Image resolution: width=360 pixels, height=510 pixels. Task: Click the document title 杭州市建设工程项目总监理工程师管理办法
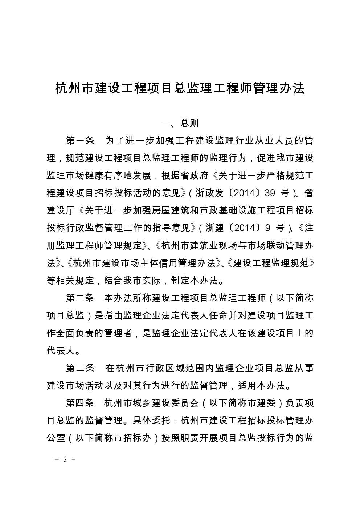(x=180, y=88)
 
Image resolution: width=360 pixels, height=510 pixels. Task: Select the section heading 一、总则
(x=180, y=123)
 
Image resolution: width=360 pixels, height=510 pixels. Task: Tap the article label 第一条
(x=80, y=140)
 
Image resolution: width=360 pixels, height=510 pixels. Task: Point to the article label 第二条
(x=80, y=298)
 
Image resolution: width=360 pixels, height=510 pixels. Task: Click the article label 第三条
(x=80, y=368)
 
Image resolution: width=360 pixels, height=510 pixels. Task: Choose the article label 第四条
(x=80, y=403)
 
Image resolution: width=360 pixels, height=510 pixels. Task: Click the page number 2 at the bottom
(x=65, y=459)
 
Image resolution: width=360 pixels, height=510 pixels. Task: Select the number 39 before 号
(x=270, y=193)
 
